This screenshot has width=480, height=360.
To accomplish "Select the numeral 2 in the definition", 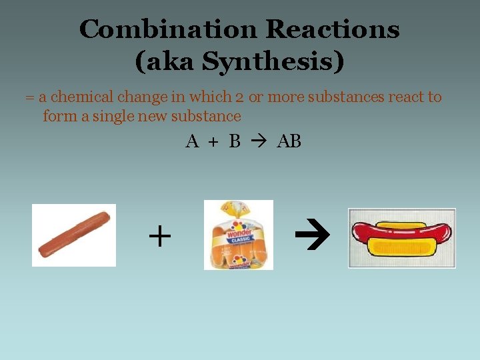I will [239, 97].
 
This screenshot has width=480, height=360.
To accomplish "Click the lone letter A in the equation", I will [192, 141].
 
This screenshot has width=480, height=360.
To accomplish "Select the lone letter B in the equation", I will [234, 141].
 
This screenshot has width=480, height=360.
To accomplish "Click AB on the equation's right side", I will [289, 141].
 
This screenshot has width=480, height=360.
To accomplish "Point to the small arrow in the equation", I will [259, 141].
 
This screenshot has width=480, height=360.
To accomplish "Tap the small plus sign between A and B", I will [213, 142].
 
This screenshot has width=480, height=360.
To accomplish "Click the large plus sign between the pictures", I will [159, 236].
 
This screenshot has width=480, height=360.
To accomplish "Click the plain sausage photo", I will [74, 235].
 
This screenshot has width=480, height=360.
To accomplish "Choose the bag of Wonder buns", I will [239, 235].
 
